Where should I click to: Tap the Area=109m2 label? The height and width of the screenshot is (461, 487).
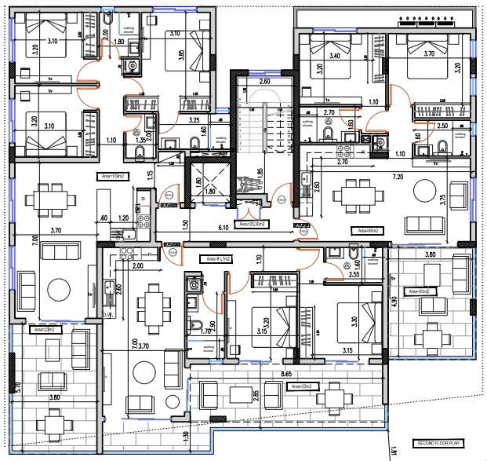click(109, 176)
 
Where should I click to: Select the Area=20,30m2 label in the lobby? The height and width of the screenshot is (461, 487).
click(252, 224)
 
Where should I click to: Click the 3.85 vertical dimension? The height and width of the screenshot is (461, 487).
click(202, 57)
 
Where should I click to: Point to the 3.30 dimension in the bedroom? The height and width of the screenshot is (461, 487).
click(355, 321)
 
